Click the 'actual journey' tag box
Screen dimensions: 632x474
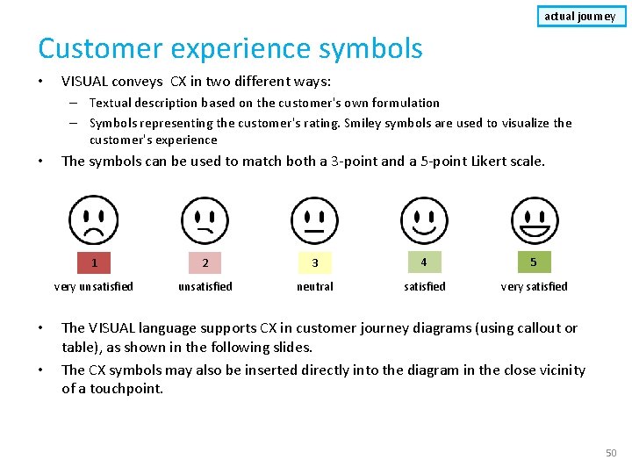pyautogui.click(x=581, y=16)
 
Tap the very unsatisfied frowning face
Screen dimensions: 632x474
pyautogui.click(x=95, y=219)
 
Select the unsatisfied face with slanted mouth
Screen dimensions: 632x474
pyautogui.click(x=205, y=219)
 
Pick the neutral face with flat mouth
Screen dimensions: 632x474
pyautogui.click(x=314, y=219)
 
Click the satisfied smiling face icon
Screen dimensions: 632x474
pyautogui.click(x=424, y=219)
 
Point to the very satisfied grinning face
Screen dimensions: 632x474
pyautogui.click(x=534, y=219)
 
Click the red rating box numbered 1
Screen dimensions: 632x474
pyautogui.click(x=95, y=262)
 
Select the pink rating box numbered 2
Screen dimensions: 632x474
pyautogui.click(x=205, y=262)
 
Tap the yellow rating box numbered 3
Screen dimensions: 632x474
pyautogui.click(x=314, y=262)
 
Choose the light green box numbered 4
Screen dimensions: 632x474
pyautogui.click(x=424, y=262)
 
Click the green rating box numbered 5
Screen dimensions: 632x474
pyautogui.click(x=534, y=262)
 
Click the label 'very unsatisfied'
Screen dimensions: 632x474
pyautogui.click(x=94, y=286)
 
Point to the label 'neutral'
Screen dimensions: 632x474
pyautogui.click(x=314, y=286)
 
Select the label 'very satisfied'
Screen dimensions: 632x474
pyautogui.click(x=534, y=286)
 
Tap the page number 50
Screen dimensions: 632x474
pyautogui.click(x=611, y=453)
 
